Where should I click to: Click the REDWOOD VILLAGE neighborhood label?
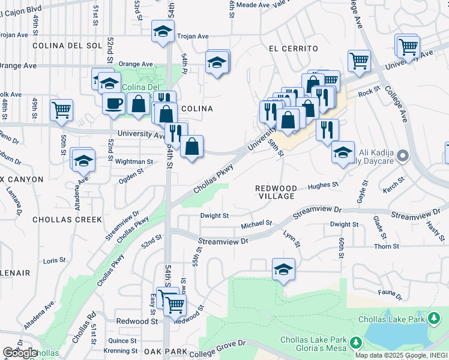coord(276,192)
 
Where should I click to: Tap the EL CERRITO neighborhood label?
coord(293,48)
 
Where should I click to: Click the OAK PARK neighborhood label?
coord(165,352)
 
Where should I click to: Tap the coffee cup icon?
coord(113,104)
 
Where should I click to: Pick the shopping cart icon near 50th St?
coord(61,110)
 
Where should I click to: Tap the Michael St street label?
coord(256,225)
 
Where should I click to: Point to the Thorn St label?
coord(386,247)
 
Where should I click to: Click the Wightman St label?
coord(134,161)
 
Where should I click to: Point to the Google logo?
coord(20,353)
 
